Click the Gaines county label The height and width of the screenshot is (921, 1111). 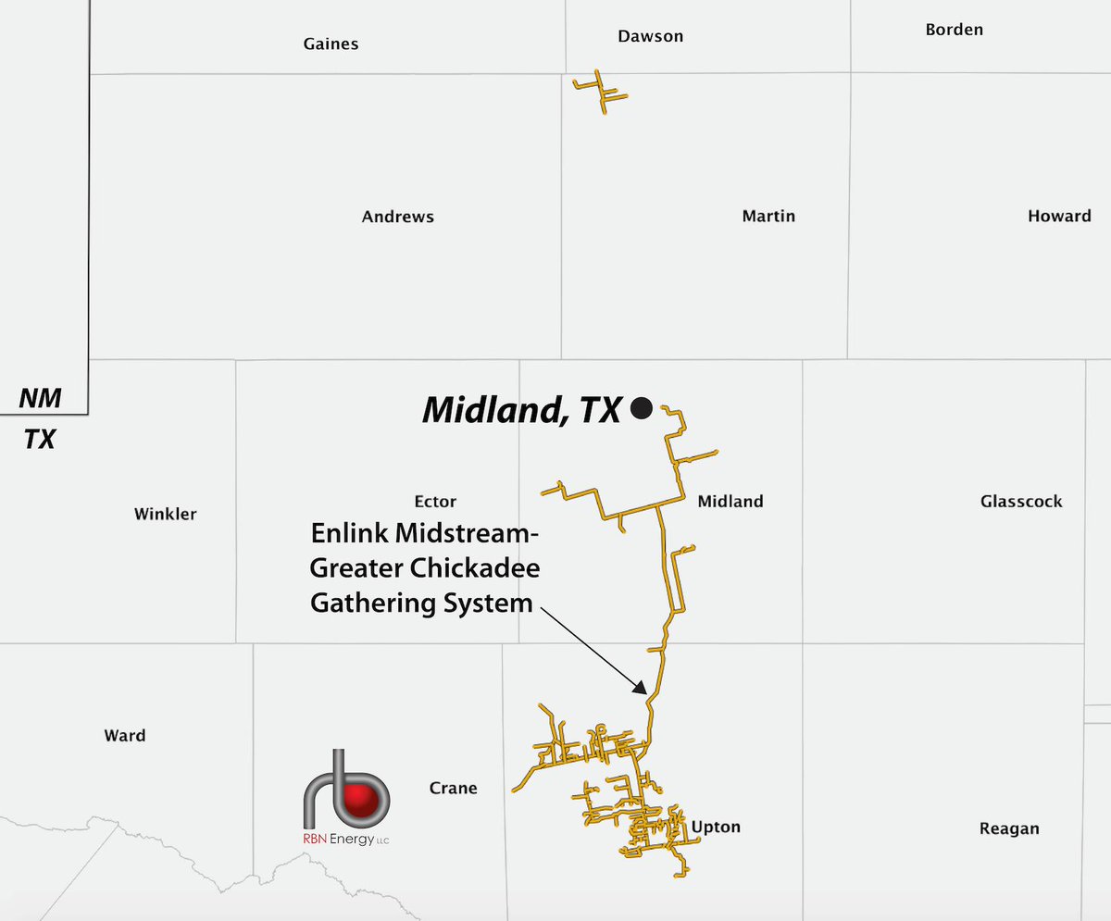click(331, 44)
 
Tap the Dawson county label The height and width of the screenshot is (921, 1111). click(650, 36)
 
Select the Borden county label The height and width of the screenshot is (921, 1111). click(954, 30)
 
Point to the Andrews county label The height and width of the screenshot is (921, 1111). click(397, 217)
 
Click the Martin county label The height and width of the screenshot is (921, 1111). click(768, 216)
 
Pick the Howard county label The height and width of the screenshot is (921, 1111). click(1059, 216)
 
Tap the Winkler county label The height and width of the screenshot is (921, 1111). click(165, 514)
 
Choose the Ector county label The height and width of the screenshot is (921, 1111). click(435, 502)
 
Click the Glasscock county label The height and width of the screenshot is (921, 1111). click(1021, 502)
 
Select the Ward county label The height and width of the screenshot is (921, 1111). click(124, 736)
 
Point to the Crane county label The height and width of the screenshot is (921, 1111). click(453, 789)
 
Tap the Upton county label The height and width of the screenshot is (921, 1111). click(716, 827)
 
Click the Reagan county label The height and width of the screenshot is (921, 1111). click(1009, 828)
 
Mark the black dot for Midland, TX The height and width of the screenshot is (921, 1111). click(641, 407)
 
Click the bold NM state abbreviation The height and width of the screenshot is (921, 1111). click(41, 399)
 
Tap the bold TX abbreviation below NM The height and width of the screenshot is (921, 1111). click(40, 439)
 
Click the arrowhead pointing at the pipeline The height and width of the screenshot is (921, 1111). click(640, 688)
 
